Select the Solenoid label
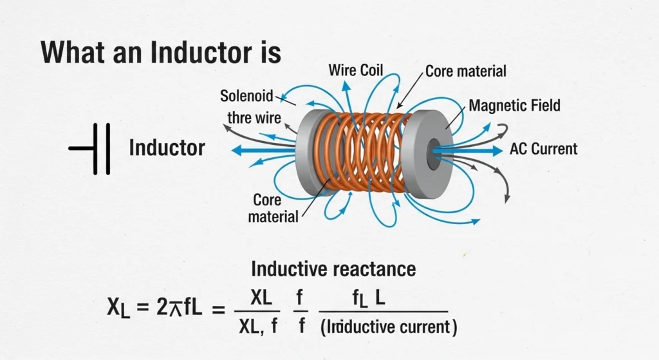(x=247, y=97)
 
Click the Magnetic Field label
(x=514, y=106)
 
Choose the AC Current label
(x=543, y=149)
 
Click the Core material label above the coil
(x=466, y=71)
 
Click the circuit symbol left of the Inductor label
(x=91, y=149)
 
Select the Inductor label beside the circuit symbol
(x=167, y=148)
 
